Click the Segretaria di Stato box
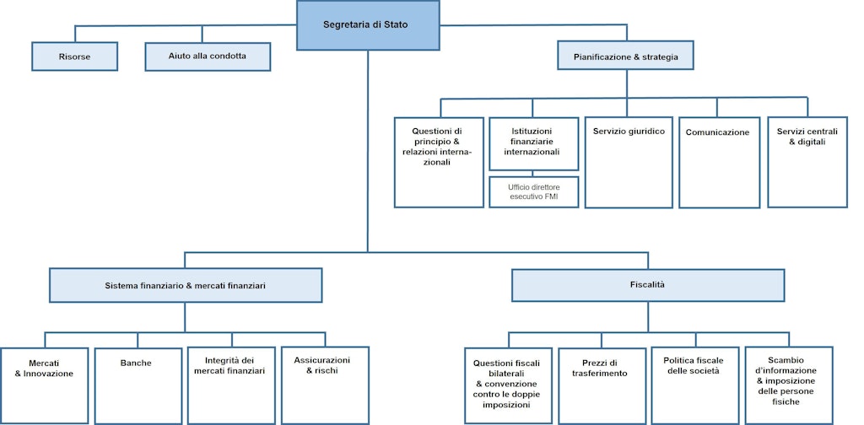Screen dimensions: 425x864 (368, 25)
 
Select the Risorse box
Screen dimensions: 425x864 (74, 56)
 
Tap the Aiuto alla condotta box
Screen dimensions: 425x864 (208, 56)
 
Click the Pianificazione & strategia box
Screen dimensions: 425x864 (625, 56)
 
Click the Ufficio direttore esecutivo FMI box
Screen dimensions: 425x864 (534, 192)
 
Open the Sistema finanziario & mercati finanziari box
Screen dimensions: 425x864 (186, 286)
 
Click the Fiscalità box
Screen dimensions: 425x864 (648, 285)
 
